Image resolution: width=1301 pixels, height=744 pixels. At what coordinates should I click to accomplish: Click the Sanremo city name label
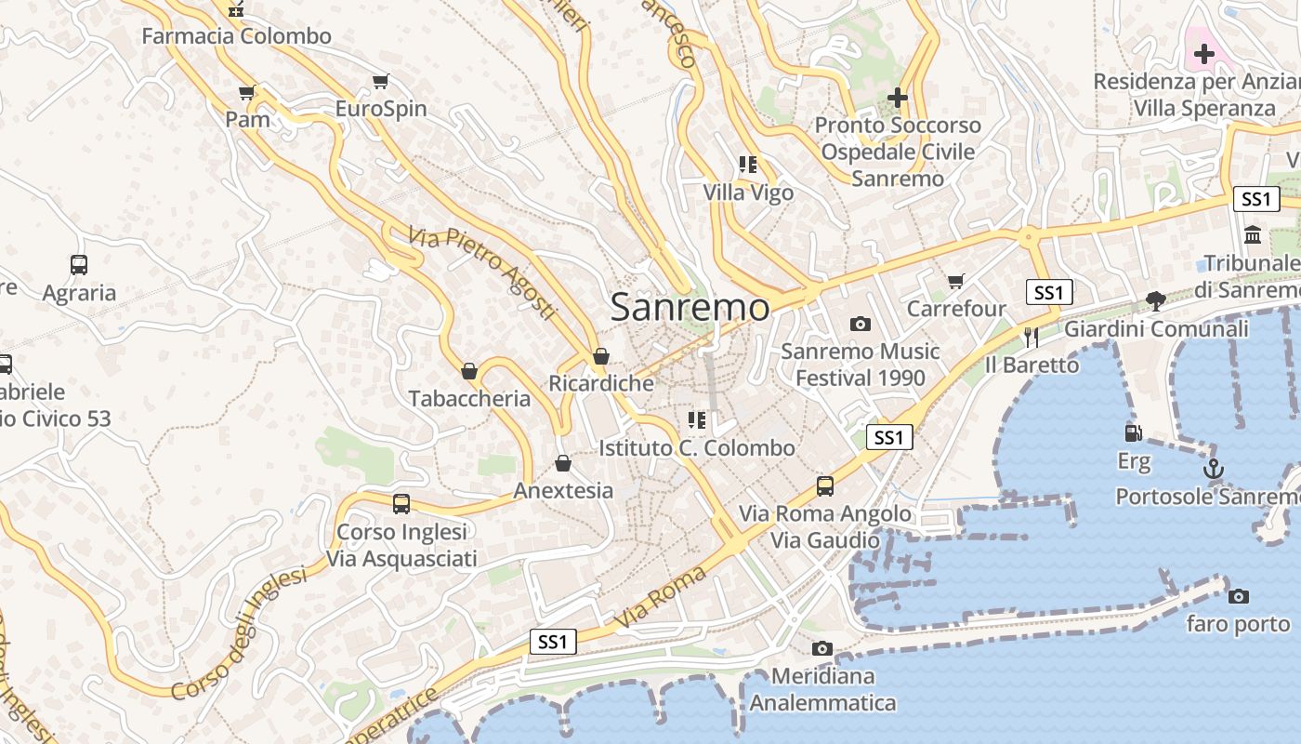(x=690, y=308)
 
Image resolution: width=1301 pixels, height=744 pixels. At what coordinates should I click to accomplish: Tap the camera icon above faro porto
(x=1238, y=596)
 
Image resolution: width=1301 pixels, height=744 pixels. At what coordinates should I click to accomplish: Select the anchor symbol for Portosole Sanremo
(x=1213, y=470)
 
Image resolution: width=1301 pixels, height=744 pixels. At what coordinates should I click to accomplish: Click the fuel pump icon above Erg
(x=1133, y=433)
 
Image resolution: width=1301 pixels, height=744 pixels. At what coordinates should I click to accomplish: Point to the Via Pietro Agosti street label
(x=481, y=272)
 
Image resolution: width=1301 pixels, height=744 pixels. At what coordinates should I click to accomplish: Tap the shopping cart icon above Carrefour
(x=955, y=281)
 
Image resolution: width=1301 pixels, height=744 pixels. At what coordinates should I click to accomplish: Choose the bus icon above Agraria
(x=79, y=265)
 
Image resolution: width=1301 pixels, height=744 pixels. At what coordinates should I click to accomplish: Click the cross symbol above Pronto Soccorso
(x=897, y=97)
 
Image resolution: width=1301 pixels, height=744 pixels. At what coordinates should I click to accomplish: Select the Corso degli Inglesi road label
(x=240, y=633)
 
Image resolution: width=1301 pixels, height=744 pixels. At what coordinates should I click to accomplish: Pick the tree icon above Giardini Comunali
(x=1156, y=300)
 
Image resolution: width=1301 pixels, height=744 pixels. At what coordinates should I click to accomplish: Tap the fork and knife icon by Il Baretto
(x=1031, y=337)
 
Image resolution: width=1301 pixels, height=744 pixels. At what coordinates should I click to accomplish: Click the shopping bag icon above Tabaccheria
(x=469, y=371)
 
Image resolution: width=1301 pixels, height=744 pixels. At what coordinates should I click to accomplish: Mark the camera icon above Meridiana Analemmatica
(x=821, y=648)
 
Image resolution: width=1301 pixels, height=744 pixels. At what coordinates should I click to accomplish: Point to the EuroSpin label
(x=381, y=109)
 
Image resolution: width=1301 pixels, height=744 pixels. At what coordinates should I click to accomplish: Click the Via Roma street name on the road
(x=660, y=597)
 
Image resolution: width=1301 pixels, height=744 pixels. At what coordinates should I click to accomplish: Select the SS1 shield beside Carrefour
(x=1049, y=292)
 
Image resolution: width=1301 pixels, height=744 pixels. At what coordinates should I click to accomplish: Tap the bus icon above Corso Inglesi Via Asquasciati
(x=401, y=504)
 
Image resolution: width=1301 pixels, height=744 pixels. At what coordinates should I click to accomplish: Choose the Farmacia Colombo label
(x=236, y=36)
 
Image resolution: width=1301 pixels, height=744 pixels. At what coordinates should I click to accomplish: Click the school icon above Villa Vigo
(x=748, y=166)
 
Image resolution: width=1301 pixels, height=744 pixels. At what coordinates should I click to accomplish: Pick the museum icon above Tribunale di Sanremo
(x=1253, y=235)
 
